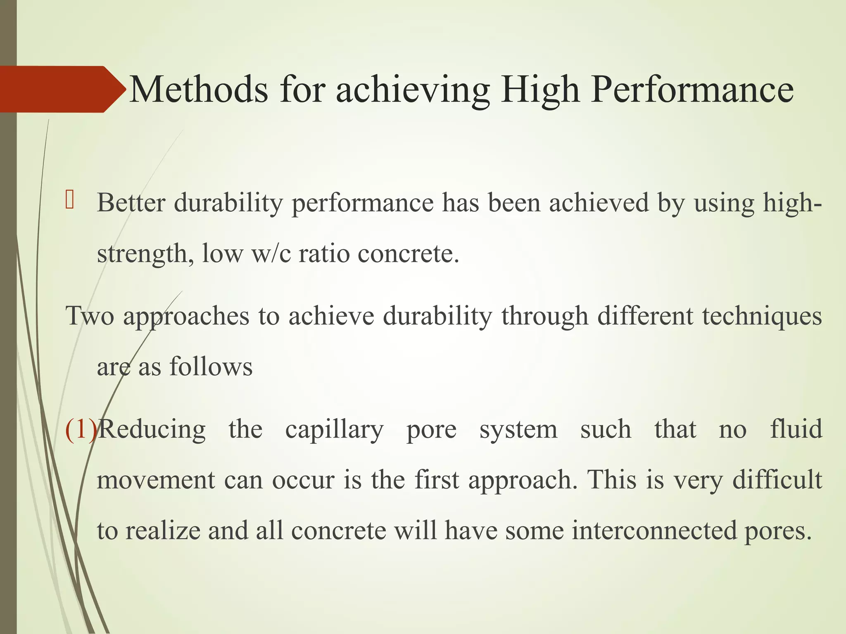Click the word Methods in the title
(x=198, y=90)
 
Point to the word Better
(x=131, y=203)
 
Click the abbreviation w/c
(x=271, y=254)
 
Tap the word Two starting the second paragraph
(x=90, y=316)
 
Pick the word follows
(x=211, y=367)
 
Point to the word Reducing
(x=152, y=430)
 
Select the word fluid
(x=796, y=429)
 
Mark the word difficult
(x=777, y=480)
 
